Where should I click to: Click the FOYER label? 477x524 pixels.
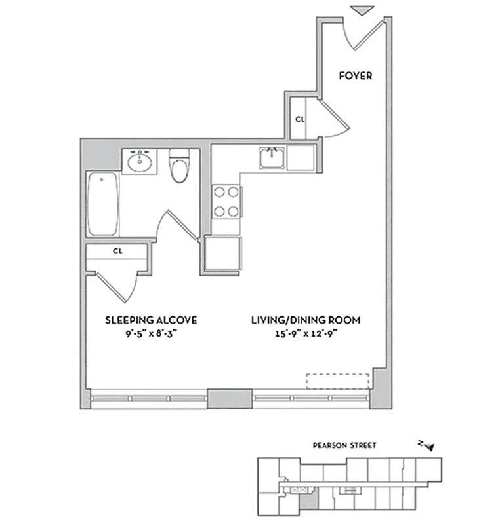click(355, 76)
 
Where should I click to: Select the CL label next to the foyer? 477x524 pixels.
click(300, 119)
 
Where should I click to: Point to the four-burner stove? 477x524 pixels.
click(226, 202)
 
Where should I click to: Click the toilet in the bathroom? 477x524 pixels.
click(178, 168)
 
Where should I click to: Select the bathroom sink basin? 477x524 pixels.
click(140, 161)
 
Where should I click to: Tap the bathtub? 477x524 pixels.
click(104, 204)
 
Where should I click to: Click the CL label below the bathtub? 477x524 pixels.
click(118, 251)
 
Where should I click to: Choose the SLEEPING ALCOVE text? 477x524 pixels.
click(152, 320)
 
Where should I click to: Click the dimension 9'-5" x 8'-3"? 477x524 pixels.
click(152, 333)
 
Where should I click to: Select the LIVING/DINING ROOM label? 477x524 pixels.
click(306, 320)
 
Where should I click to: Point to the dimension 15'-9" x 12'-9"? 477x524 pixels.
click(306, 333)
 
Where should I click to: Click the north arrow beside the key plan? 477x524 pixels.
click(426, 446)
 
